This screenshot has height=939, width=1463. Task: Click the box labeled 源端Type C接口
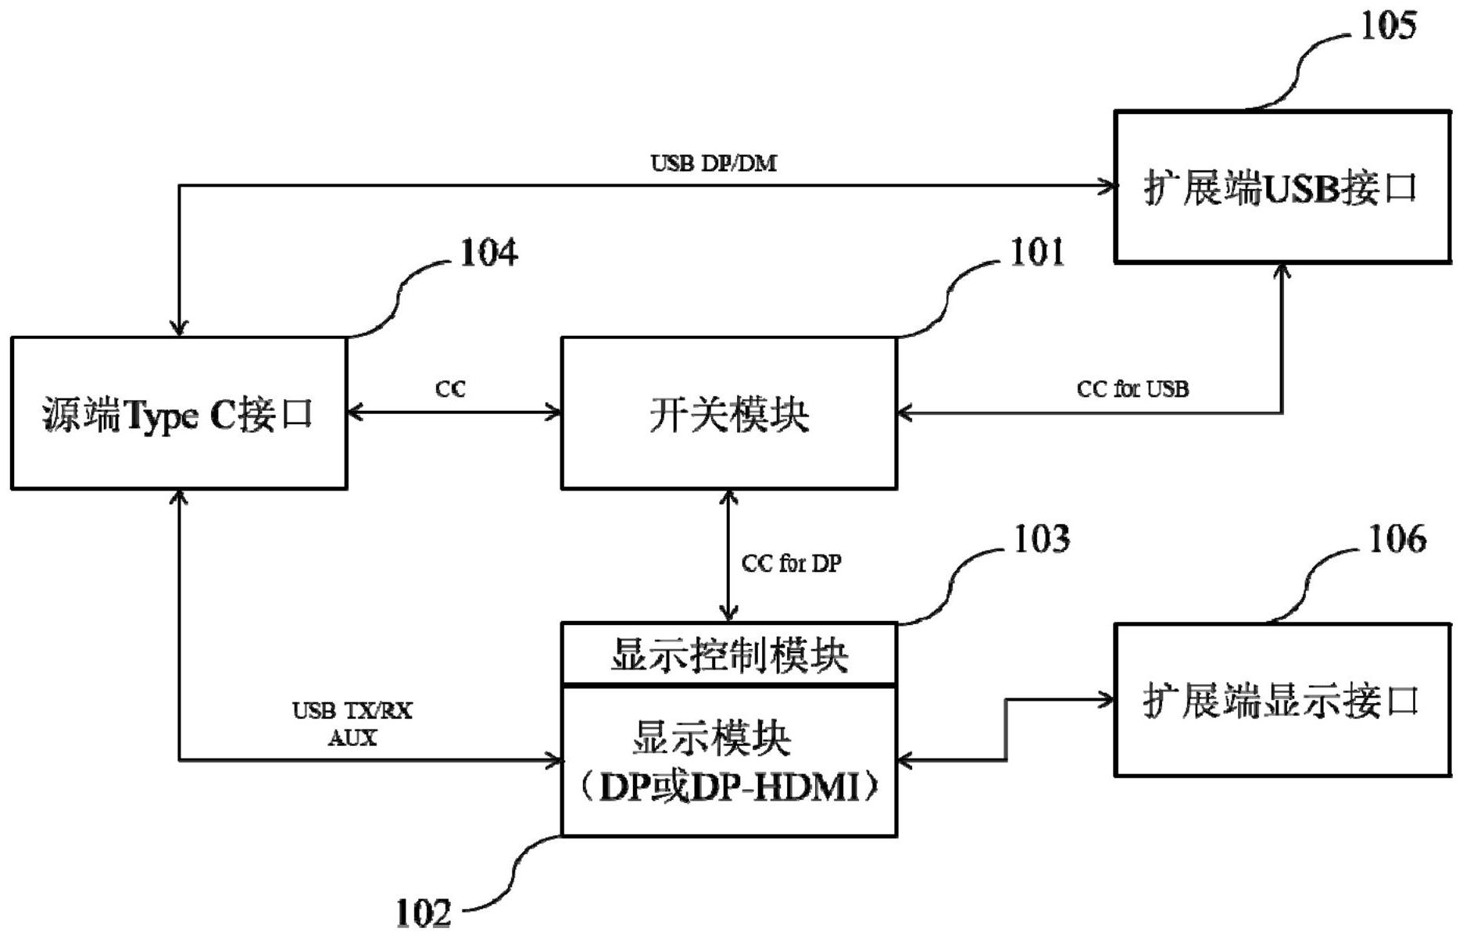tap(179, 413)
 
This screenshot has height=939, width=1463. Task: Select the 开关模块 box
tap(728, 413)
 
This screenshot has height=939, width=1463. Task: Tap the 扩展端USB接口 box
tap(1282, 187)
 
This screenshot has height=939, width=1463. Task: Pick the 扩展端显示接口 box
tap(1282, 700)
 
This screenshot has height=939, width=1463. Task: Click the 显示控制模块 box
tap(728, 655)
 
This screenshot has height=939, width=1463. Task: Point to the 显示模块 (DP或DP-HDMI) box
tap(728, 762)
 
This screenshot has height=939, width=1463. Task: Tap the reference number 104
tap(488, 253)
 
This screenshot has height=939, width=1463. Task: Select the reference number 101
tap(1037, 253)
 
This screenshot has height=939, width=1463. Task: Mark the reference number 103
tap(1041, 539)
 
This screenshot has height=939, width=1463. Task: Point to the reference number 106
tap(1397, 539)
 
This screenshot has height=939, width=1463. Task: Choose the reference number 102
tap(424, 912)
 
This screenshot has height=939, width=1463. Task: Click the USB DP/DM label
tap(714, 163)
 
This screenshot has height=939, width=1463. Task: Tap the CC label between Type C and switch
tap(450, 389)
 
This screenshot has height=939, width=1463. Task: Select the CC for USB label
tap(1132, 389)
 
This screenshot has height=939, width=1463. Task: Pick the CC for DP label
tap(791, 563)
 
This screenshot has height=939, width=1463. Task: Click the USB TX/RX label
tap(352, 711)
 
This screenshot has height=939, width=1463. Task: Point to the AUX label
tap(352, 737)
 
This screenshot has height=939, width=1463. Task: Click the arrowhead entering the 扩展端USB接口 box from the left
tap(1108, 186)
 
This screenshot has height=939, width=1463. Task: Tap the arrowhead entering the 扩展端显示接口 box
tap(1107, 699)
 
